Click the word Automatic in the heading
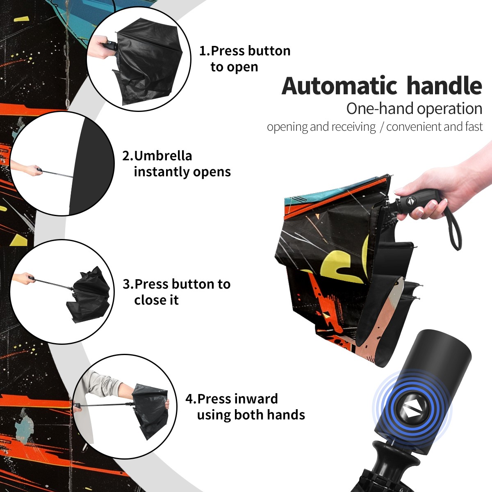point(339,86)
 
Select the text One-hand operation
point(414,109)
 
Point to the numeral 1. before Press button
point(205,51)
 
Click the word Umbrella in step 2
point(163,156)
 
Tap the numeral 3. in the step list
point(128,284)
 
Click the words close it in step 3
point(156,300)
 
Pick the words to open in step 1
point(234,67)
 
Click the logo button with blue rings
point(412,411)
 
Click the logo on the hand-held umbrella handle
point(410,201)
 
